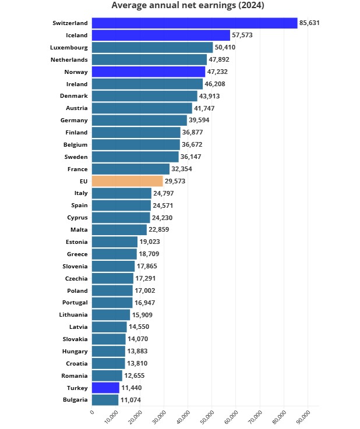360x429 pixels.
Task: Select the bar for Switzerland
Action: coord(195,23)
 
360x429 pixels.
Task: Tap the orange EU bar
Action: coord(127,181)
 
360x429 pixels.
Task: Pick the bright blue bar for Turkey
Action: coord(105,388)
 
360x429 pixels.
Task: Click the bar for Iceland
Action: coord(161,35)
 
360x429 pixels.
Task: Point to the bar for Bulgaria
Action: coord(105,400)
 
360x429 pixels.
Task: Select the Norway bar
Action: coord(149,72)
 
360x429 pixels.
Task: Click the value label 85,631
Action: coord(310,23)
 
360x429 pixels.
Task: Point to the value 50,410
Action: coord(227,47)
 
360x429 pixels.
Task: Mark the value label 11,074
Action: coord(131,400)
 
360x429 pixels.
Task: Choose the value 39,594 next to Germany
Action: coord(201,120)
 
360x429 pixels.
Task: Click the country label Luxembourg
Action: coord(69,47)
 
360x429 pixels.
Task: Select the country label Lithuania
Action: coord(73,315)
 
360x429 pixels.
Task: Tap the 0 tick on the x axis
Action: coord(91,413)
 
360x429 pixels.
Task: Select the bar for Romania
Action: coord(107,375)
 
